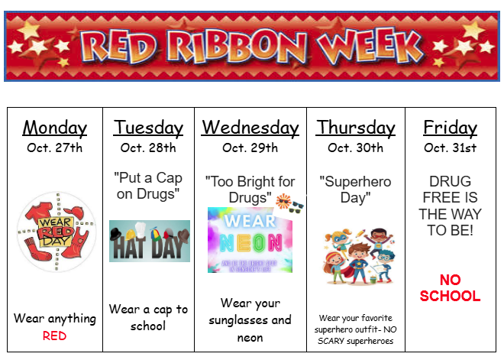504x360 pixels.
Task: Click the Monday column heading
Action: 55,128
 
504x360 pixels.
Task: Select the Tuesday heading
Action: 148,128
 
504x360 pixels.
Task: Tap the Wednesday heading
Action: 250,127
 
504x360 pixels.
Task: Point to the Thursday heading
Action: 355,127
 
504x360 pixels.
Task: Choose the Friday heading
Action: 450,127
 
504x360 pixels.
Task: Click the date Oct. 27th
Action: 55,148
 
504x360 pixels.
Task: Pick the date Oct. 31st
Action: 450,148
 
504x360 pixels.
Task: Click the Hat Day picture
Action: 149,241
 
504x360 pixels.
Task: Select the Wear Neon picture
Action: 250,239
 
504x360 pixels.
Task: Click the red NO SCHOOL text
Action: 450,288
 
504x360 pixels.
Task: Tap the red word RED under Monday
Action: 55,336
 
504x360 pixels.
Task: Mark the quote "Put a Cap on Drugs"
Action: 148,186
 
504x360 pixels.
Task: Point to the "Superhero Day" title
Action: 355,190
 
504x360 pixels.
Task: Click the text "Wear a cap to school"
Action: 148,317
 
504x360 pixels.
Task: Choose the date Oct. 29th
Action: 250,148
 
